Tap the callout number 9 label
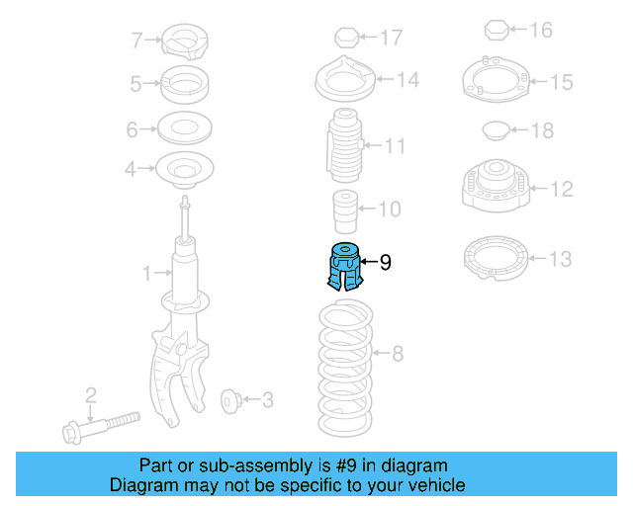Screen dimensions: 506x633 (386, 262)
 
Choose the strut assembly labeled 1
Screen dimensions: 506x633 (183, 296)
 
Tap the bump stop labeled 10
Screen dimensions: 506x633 (342, 210)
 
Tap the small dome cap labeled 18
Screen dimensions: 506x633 (496, 130)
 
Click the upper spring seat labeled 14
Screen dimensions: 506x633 (342, 80)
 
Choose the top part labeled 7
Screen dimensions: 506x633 (184, 41)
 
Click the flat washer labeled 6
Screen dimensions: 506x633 (184, 128)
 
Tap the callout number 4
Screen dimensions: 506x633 (131, 170)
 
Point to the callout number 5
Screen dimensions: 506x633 (136, 85)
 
